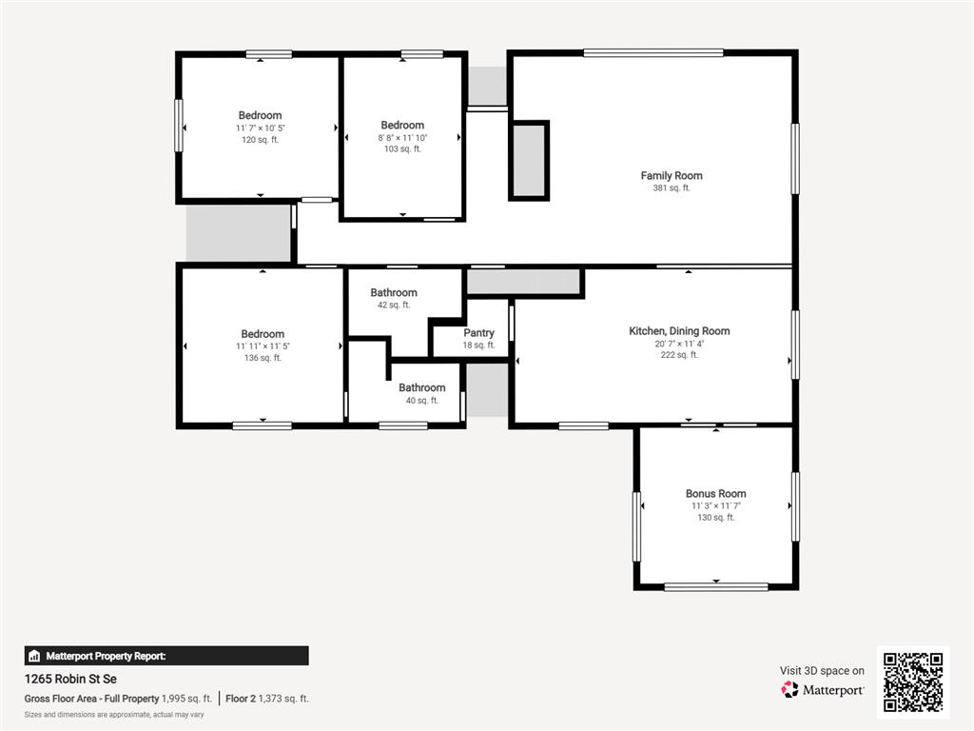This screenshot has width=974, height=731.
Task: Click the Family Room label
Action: pos(672,176)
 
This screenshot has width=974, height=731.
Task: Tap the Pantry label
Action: pos(479,333)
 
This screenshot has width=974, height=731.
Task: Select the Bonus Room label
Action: pos(715,494)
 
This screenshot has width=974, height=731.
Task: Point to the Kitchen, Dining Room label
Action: pos(679,331)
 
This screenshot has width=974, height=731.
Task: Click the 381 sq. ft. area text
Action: pos(672,188)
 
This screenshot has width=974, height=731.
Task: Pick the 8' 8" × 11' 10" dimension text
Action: pos(402,138)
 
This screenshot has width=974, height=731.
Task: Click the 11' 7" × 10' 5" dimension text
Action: pos(261,128)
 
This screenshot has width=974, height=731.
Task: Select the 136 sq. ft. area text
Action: pos(263,358)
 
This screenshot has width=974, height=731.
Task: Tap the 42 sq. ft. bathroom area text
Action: pos(394,306)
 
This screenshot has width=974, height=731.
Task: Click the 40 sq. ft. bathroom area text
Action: pos(421,401)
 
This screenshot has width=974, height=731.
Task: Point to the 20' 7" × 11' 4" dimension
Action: pos(679,344)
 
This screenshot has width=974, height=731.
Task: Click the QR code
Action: pos(913,682)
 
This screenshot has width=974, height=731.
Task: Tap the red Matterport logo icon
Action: pos(789,689)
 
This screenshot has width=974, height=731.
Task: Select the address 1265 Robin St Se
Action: pos(70,679)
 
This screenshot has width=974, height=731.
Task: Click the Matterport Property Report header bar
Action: pos(166,656)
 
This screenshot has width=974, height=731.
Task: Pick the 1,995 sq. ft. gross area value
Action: pos(186,699)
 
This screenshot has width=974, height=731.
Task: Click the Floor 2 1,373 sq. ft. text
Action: pos(267,699)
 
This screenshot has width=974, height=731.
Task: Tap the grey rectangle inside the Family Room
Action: pos(529,161)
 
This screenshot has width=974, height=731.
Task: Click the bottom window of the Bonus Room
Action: pos(716,586)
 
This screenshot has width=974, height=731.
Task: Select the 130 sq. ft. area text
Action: pos(715,518)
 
